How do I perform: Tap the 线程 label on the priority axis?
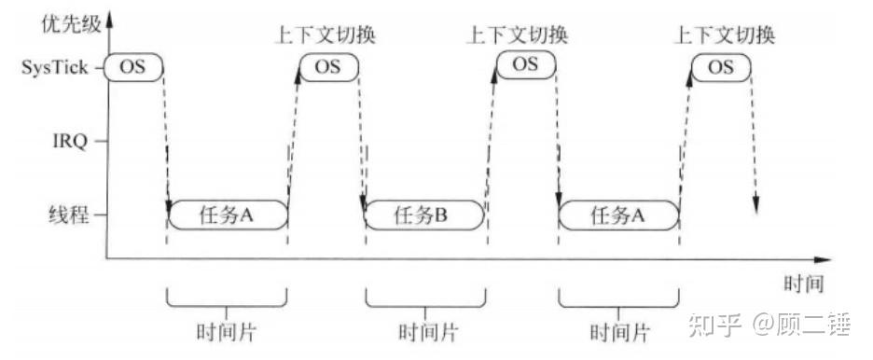[72, 215]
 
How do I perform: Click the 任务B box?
[423, 215]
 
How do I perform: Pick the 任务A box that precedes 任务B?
[228, 215]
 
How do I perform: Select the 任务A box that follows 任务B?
[618, 215]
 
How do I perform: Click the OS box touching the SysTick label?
[132, 67]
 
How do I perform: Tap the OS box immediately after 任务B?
[524, 64]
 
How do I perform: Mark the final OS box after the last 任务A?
[720, 67]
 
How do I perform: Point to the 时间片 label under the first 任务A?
[227, 331]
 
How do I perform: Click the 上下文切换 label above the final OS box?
[725, 36]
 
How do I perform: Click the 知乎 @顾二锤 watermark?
[770, 325]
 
